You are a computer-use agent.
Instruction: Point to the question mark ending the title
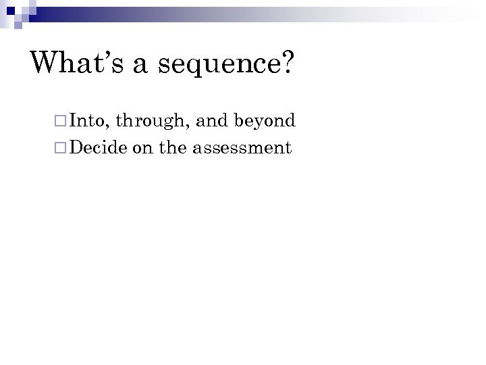click(x=286, y=62)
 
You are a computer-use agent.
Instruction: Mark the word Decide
click(x=99, y=147)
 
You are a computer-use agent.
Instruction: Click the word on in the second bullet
click(x=142, y=148)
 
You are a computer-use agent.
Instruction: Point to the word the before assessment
click(x=173, y=147)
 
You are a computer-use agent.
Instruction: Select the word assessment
click(x=242, y=147)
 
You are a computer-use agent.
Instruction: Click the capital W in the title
click(x=47, y=62)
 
